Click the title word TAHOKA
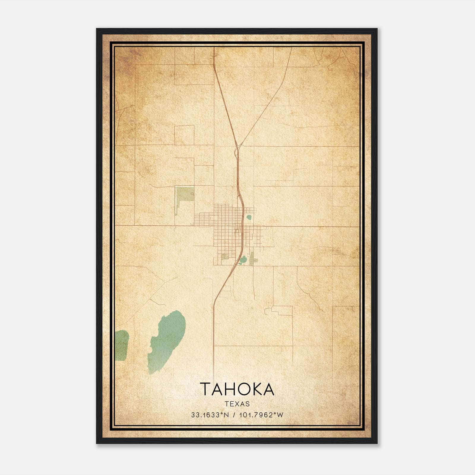(x=237, y=389)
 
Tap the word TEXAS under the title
(x=237, y=404)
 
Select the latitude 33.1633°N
(x=210, y=415)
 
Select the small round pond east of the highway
(x=249, y=217)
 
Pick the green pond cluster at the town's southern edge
(x=243, y=260)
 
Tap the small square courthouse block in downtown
(x=237, y=230)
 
